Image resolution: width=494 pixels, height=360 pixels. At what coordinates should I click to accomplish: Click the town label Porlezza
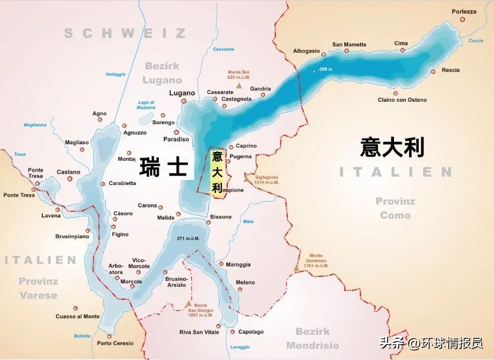[464, 11]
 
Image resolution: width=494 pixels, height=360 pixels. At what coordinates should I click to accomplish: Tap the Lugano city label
[182, 93]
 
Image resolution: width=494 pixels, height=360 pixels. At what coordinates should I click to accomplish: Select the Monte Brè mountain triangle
[239, 86]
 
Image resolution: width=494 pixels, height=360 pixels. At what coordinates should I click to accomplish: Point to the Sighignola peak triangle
[247, 179]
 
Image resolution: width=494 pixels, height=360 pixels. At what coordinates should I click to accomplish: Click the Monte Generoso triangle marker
[296, 268]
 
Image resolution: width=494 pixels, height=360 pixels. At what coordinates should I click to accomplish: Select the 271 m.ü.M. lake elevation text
[188, 239]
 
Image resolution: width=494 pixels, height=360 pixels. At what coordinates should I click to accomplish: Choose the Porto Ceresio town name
[115, 343]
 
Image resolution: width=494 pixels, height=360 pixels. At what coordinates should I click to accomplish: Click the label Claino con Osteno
[402, 100]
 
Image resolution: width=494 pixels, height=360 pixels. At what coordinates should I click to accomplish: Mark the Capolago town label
[251, 332]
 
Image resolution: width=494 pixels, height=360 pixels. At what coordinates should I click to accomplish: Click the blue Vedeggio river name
[116, 74]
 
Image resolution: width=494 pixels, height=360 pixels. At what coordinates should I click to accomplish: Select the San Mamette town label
[349, 45]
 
